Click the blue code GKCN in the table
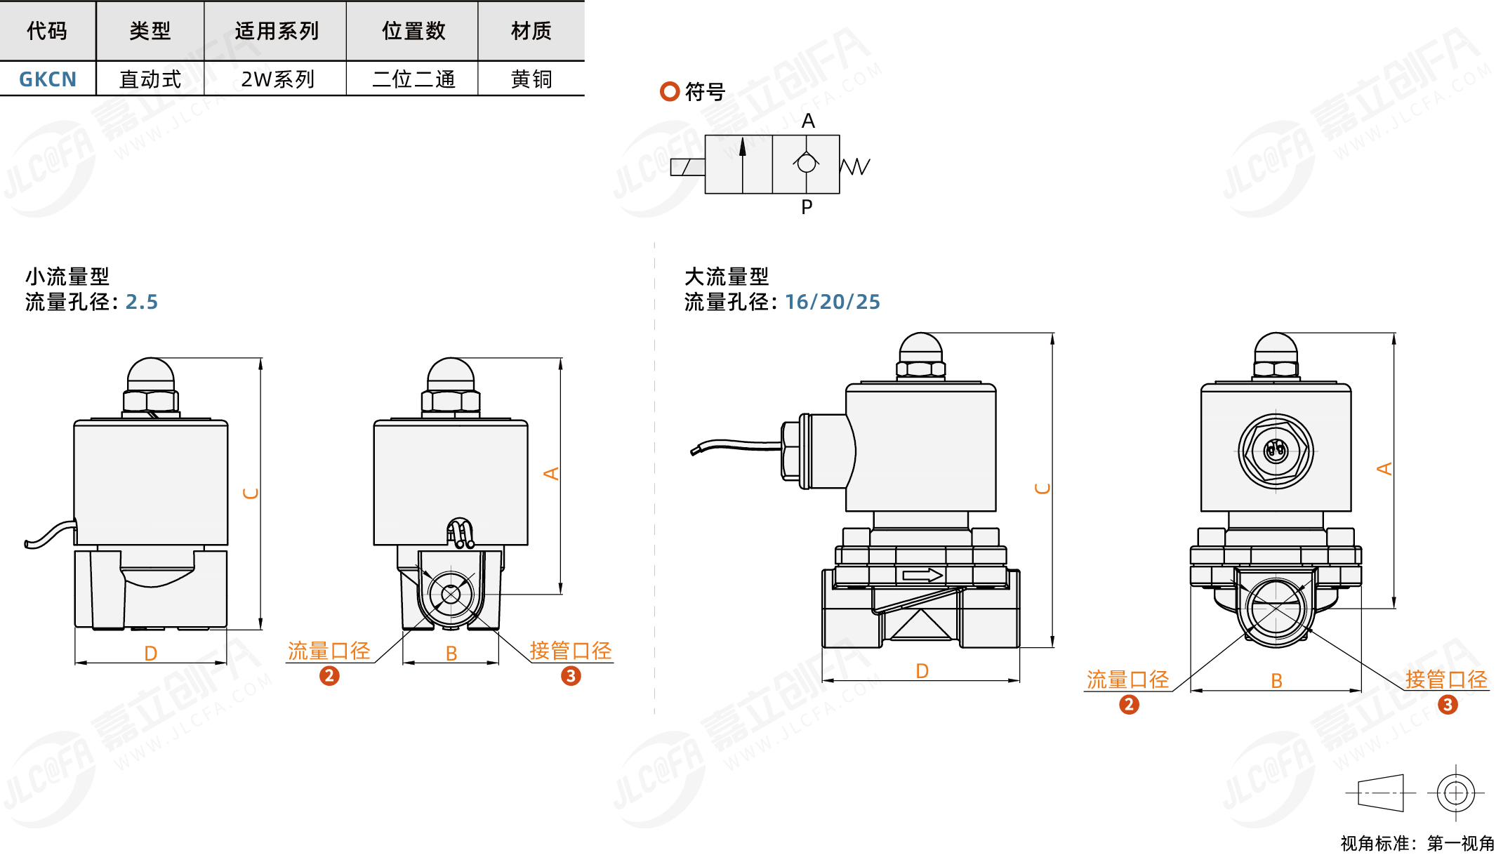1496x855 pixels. (x=48, y=79)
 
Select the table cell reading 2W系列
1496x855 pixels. (x=277, y=79)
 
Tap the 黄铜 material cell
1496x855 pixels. (x=531, y=79)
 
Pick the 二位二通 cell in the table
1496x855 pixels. (x=413, y=79)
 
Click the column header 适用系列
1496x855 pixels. (x=277, y=31)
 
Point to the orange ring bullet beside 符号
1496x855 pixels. (x=670, y=91)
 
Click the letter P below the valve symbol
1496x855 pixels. (x=807, y=207)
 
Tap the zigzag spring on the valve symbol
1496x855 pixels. (x=855, y=166)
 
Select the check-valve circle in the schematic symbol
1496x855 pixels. (x=807, y=163)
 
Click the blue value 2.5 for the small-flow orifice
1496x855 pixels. (x=142, y=302)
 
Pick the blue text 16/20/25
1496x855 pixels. (x=833, y=302)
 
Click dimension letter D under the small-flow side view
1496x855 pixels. (x=151, y=654)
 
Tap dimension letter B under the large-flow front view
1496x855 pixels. (x=1276, y=681)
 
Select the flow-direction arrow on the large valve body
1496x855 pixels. (x=922, y=576)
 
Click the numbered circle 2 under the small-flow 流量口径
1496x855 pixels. (x=329, y=676)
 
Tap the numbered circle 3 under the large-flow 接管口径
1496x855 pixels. (x=1448, y=705)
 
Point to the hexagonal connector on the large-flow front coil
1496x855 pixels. (x=1276, y=450)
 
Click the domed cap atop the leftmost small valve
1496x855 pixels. (x=151, y=375)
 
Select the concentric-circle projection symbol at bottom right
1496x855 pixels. (x=1456, y=793)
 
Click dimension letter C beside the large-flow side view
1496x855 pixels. (x=1043, y=489)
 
